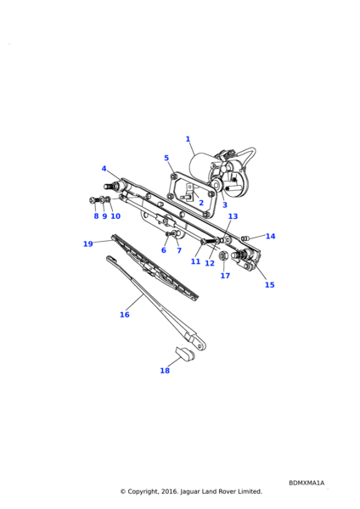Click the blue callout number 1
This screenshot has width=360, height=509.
pos(188,139)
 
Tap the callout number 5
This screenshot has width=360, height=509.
pos(166,158)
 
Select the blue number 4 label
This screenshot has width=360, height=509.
pos(104,169)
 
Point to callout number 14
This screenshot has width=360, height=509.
pos(270,237)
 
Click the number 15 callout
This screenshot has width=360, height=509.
pos(270,285)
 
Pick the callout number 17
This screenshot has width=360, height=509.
pos(225,276)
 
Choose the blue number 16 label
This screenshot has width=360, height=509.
pos(125,315)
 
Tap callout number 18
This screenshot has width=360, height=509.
pos(165,371)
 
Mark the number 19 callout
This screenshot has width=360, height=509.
pos(88,243)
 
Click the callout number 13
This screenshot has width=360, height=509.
pos(233,216)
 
